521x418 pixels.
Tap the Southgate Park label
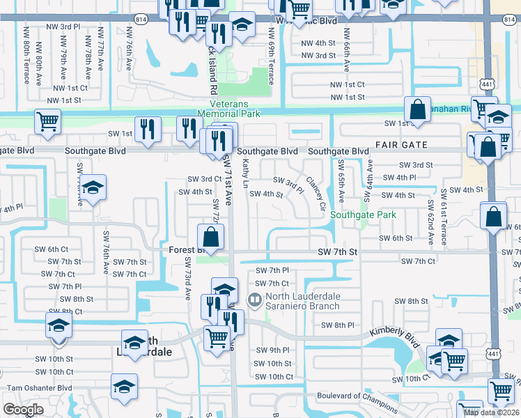pos(363,215)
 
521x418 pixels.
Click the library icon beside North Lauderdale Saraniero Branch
pos(254,300)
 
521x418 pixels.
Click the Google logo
pos(23,410)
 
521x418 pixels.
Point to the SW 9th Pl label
pos(272,350)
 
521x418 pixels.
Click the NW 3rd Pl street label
pos(71,26)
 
